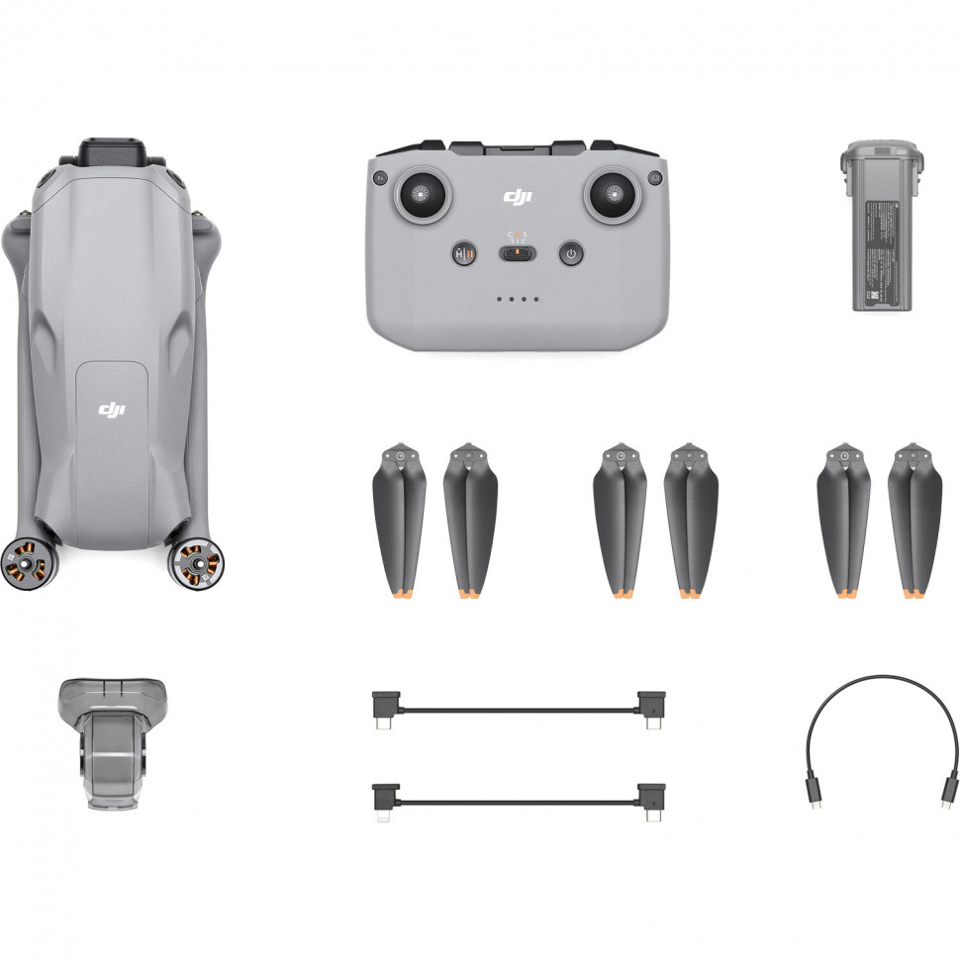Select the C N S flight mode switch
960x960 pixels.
pos(517,254)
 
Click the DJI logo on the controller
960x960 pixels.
pos(517,197)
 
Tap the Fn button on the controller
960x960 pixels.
pos(379,178)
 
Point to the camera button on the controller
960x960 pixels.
pos(654,178)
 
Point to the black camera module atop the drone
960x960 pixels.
pos(112,154)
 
